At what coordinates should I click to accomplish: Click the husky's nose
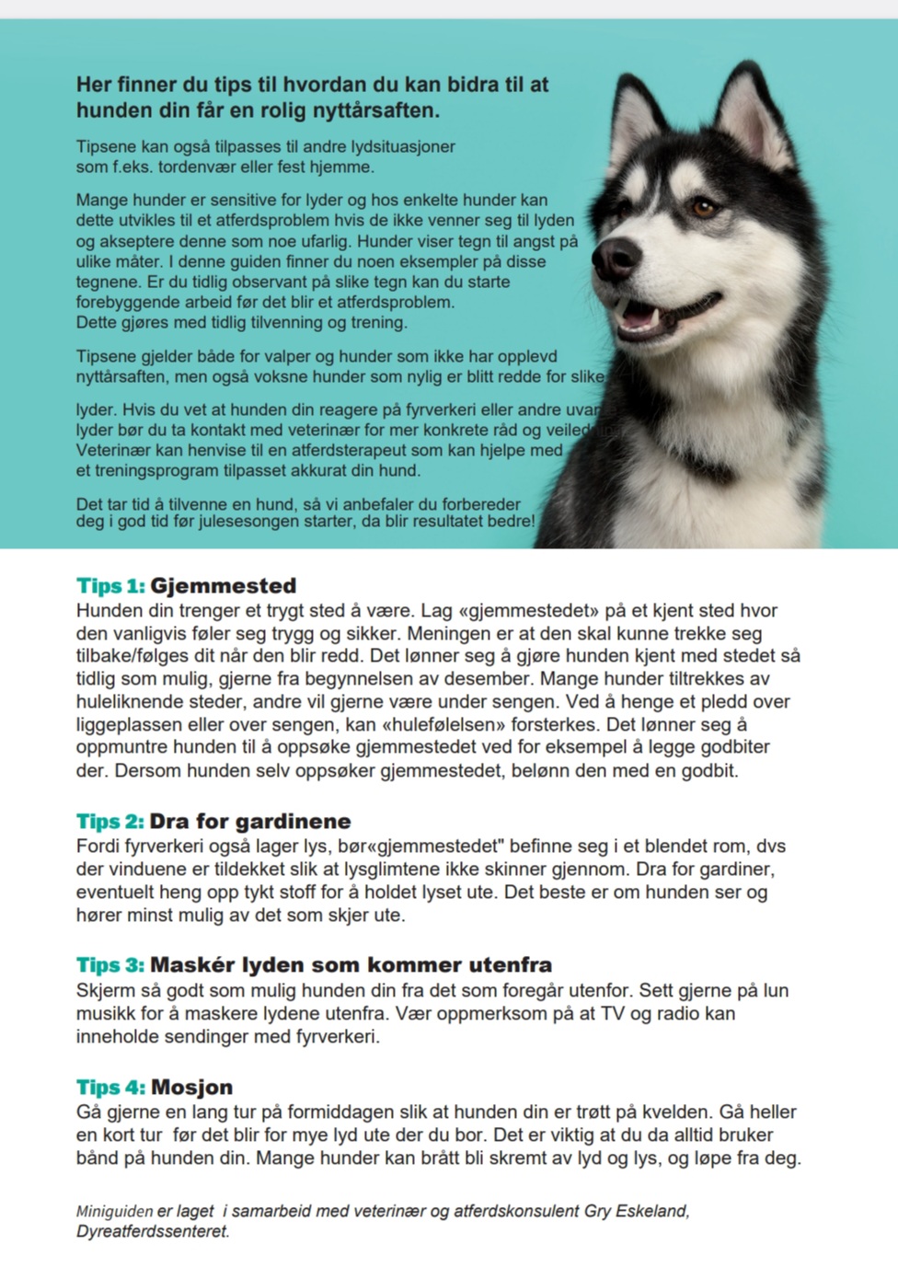click(615, 259)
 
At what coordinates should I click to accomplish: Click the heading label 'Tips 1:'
click(110, 586)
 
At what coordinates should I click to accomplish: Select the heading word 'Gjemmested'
click(223, 586)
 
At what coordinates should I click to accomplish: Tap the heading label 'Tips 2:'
click(110, 822)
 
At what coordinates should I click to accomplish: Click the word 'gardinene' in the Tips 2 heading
click(294, 822)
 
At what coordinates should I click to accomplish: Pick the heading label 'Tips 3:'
click(110, 965)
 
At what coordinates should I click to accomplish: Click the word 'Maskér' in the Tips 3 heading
click(192, 965)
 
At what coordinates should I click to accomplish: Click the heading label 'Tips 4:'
click(110, 1087)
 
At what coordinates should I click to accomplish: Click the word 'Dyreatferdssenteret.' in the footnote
click(153, 1231)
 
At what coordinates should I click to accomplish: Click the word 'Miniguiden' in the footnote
click(115, 1211)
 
